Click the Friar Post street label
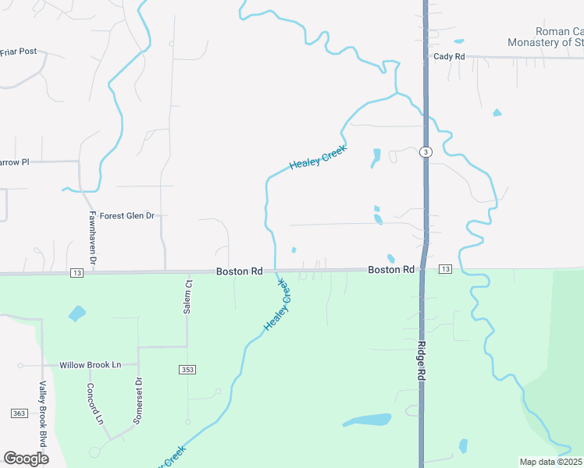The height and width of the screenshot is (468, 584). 19,51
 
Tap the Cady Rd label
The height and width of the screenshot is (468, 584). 449,57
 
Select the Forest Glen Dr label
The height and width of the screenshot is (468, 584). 127,216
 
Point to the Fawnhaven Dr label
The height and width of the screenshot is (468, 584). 92,231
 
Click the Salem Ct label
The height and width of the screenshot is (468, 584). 188,296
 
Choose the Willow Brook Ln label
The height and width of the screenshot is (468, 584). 90,365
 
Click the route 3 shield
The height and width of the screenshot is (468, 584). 425,151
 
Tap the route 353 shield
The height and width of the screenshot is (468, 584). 187,370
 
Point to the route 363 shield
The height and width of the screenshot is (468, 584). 20,413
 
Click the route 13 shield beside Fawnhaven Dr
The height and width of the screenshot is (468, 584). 76,273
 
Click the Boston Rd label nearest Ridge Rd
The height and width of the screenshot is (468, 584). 391,270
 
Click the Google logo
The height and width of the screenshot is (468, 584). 26,459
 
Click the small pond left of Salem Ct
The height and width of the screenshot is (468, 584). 77,314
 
